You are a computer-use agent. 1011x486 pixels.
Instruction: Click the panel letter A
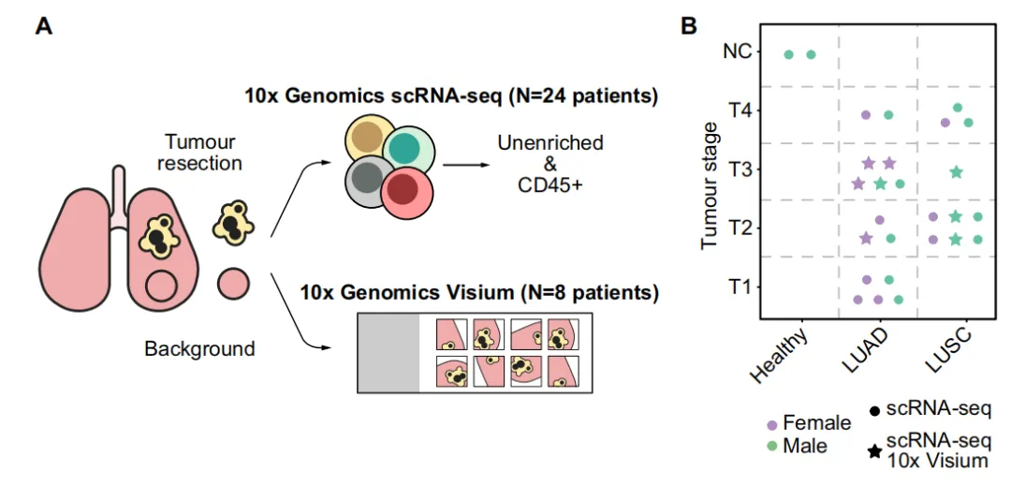coord(44,25)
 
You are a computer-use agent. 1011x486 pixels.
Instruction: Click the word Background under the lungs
coord(199,349)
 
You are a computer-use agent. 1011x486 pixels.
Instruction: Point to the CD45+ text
coord(550,185)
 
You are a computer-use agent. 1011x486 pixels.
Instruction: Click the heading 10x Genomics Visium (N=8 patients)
coord(478,292)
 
